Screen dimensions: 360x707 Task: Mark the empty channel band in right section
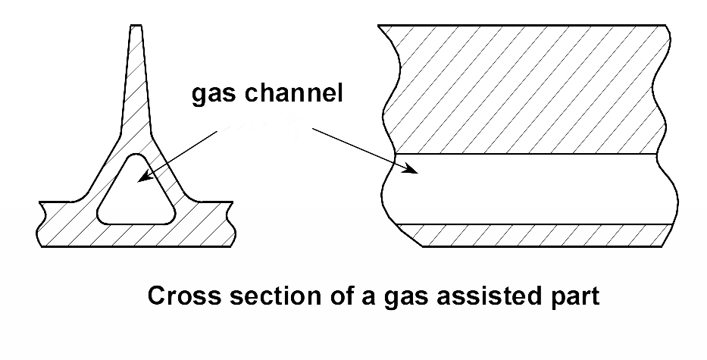[530, 189]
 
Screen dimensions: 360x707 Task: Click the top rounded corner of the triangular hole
[136, 160]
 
